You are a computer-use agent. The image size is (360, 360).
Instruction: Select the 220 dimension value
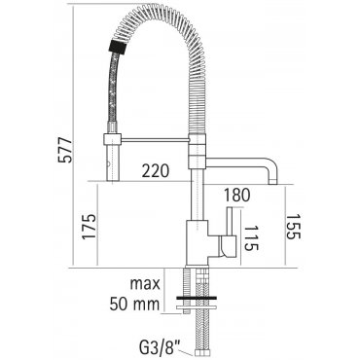(156, 171)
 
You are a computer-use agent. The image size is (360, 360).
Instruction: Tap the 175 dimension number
(90, 227)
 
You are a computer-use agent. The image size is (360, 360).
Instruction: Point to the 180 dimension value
(236, 195)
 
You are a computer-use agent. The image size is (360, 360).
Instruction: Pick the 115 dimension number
(251, 238)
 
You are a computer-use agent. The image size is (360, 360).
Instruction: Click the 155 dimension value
(294, 226)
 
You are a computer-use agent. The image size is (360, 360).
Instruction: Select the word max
(145, 284)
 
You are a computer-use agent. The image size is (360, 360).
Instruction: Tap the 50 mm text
(134, 305)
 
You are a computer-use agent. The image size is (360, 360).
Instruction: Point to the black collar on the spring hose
(117, 47)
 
